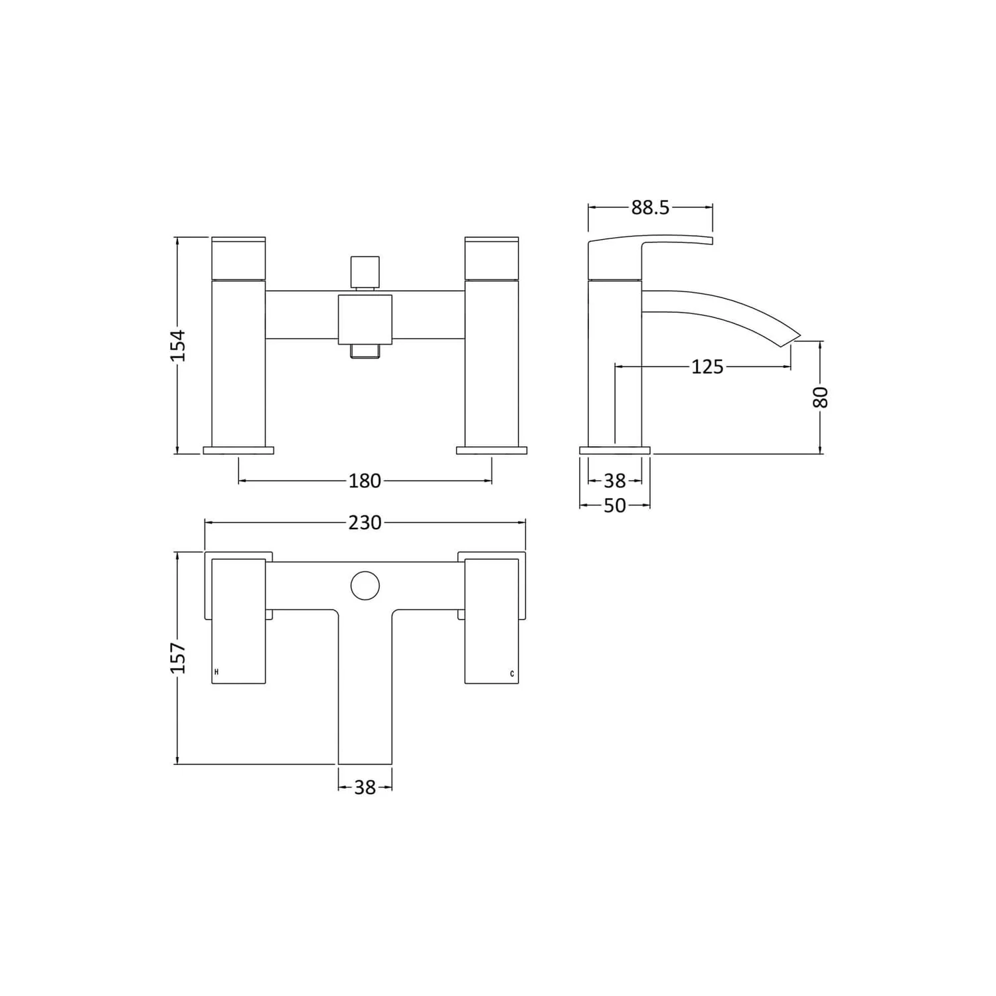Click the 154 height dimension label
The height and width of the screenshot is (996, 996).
(x=178, y=345)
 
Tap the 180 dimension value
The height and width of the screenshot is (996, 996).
(x=365, y=481)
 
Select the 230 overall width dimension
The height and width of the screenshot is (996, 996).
(x=365, y=523)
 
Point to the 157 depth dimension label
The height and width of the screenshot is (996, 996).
(x=178, y=658)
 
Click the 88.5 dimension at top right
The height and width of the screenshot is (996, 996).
(x=650, y=208)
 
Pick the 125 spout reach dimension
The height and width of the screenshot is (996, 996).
(x=706, y=367)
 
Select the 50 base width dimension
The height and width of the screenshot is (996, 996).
(x=615, y=505)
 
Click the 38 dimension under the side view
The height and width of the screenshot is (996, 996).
(x=615, y=481)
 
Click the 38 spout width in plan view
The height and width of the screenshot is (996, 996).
(x=365, y=788)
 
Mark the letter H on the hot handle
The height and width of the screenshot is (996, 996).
(x=216, y=673)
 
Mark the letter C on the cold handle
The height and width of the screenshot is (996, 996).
(x=512, y=674)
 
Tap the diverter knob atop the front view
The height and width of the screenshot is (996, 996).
(x=365, y=272)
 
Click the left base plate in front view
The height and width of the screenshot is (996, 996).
(x=238, y=450)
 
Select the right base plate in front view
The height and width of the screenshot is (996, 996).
(x=491, y=450)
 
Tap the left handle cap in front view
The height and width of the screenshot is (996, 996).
(x=238, y=257)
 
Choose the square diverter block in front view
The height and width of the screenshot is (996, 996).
(x=365, y=319)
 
